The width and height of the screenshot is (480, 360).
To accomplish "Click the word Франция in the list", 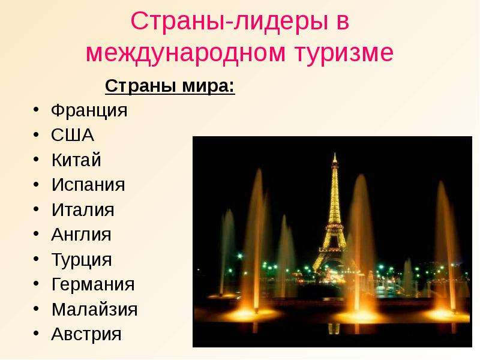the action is [x=89, y=111].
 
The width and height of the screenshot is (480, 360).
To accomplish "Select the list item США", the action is [x=73, y=135].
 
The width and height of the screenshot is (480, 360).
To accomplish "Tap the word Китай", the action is [x=76, y=160].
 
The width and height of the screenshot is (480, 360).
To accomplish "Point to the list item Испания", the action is [x=88, y=185].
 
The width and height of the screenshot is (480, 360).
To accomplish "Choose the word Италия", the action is [x=83, y=209].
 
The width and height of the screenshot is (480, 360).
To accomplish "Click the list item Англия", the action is [x=81, y=235].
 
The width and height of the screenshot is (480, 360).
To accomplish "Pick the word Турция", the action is [x=82, y=260].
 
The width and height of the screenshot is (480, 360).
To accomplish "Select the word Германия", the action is [x=93, y=285].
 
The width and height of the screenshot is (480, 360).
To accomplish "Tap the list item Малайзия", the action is [x=95, y=309].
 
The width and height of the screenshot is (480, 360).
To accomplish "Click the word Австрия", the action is [x=86, y=335].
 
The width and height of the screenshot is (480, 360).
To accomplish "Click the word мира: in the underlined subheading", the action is [x=208, y=86].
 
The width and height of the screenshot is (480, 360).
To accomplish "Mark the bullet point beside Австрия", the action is [x=37, y=333].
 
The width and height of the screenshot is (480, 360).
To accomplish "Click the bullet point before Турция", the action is [x=37, y=259].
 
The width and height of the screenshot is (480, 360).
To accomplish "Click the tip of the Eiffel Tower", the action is [x=335, y=154].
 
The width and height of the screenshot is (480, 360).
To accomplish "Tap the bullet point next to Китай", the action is [x=37, y=159].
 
